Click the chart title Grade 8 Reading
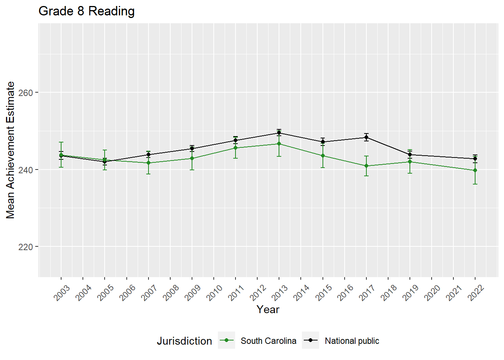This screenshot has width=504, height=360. click(87, 11)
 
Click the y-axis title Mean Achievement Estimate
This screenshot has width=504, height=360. click(10, 150)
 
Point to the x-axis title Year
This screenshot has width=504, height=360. click(268, 309)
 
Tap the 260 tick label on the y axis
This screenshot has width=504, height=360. click(26, 93)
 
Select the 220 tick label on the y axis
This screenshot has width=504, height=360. click(26, 247)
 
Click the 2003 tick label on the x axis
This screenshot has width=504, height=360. click(62, 292)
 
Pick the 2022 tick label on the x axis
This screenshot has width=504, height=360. click(476, 292)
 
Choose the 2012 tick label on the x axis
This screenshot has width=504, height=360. click(258, 292)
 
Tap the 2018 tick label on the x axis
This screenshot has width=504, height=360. click(389, 292)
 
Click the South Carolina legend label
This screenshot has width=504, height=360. click(268, 341)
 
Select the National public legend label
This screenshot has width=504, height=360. click(352, 341)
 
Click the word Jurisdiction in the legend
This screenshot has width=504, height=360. click(184, 341)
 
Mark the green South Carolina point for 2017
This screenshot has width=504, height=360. click(366, 166)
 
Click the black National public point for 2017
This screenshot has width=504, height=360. click(366, 137)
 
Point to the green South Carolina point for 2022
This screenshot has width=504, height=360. click(475, 170)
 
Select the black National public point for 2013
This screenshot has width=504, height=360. click(279, 133)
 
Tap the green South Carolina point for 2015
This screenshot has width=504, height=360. click(323, 156)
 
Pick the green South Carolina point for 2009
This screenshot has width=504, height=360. click(192, 158)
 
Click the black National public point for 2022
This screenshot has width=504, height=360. click(475, 159)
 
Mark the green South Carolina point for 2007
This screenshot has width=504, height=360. click(148, 163)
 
